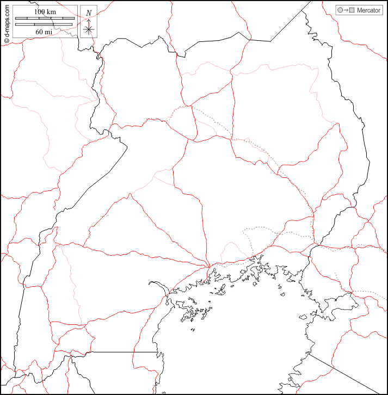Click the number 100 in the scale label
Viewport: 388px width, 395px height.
[40, 12]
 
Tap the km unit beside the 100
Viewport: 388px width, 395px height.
[52, 12]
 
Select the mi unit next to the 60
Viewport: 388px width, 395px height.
[49, 32]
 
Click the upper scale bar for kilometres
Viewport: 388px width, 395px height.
[45, 18]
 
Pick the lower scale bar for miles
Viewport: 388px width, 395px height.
[45, 24]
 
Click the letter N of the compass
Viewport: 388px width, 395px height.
[89, 13]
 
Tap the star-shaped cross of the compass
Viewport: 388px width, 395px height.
[89, 29]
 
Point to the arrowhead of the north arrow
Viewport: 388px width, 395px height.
[89, 21]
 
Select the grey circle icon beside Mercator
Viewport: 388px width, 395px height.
[340, 10]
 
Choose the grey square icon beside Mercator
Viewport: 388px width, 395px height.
[352, 10]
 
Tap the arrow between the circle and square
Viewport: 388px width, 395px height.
[346, 10]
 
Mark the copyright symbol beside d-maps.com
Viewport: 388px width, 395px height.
[7, 41]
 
